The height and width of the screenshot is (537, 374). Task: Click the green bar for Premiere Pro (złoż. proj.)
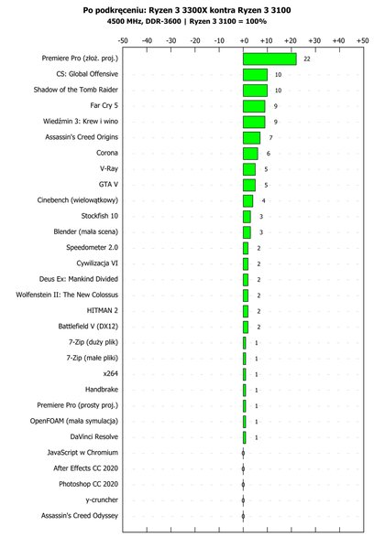269,59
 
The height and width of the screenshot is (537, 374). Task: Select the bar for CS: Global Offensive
255,75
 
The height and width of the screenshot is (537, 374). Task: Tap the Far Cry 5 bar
254,106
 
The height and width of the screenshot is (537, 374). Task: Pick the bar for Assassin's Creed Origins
251,137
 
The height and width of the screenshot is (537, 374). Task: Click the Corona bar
250,154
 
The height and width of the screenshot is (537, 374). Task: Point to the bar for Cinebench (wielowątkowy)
248,200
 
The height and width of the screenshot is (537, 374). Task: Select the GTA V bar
249,185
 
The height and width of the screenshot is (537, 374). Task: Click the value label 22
307,59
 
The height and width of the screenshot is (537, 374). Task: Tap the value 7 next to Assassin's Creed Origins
270,137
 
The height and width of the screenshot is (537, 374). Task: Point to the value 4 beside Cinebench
263,200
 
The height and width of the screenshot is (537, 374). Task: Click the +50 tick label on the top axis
363,40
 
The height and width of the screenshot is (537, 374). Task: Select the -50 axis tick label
123,40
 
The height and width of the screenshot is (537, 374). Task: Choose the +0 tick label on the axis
244,40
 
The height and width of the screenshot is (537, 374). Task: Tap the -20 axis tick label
195,40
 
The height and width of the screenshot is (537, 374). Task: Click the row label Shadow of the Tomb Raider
75,90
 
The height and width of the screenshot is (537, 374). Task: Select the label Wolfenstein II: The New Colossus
67,295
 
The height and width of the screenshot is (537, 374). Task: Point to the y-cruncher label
102,500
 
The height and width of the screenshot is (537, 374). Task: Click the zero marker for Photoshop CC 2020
243,485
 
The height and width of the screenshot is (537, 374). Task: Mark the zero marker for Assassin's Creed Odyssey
243,516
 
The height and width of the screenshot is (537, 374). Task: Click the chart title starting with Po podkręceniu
187,10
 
